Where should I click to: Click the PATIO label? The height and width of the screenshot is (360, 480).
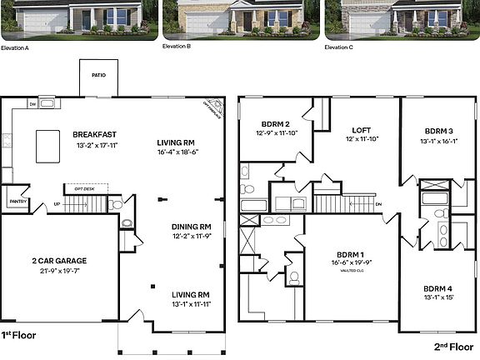pos(98,74)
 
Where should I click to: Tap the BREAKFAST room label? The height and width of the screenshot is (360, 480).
pos(94,134)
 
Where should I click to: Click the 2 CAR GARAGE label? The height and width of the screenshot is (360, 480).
pos(59,261)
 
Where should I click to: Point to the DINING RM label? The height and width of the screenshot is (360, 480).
pos(191,226)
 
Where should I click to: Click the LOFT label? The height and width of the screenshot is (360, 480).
pos(362,130)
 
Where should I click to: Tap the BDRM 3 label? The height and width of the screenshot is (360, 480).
pos(438,131)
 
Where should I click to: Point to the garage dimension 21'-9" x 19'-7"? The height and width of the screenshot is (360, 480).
pos(59,271)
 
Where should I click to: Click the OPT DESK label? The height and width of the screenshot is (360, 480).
pos(80,188)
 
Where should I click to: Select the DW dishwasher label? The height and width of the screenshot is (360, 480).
pos(32,104)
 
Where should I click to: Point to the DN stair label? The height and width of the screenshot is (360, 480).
pos(378,204)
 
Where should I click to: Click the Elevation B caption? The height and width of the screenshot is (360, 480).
pos(177,47)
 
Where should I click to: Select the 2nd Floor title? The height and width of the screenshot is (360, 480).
pos(455,345)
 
